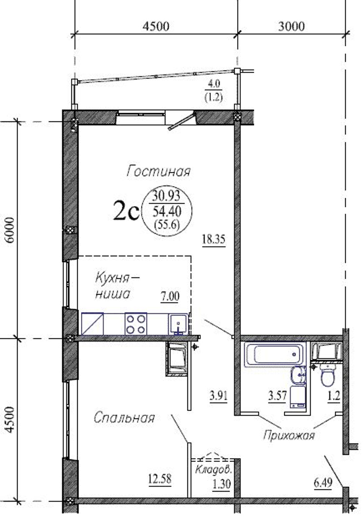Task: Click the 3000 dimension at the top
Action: [x=291, y=26]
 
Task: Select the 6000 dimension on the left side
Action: [x=10, y=230]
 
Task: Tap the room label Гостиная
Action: [x=158, y=171]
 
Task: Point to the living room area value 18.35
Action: [x=213, y=240]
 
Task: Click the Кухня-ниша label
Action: [x=117, y=286]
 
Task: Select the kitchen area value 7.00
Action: [x=170, y=296]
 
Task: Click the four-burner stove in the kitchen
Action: [x=136, y=324]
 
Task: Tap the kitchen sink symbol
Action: [x=179, y=324]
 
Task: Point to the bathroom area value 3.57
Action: [x=277, y=396]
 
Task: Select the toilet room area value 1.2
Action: [x=334, y=396]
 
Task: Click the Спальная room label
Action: [x=124, y=417]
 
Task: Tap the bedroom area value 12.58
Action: [x=160, y=479]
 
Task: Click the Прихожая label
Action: [x=289, y=436]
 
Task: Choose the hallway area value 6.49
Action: [x=323, y=483]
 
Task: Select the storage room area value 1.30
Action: [x=222, y=484]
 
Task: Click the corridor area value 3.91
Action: [x=218, y=396]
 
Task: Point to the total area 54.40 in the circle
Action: [x=167, y=211]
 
